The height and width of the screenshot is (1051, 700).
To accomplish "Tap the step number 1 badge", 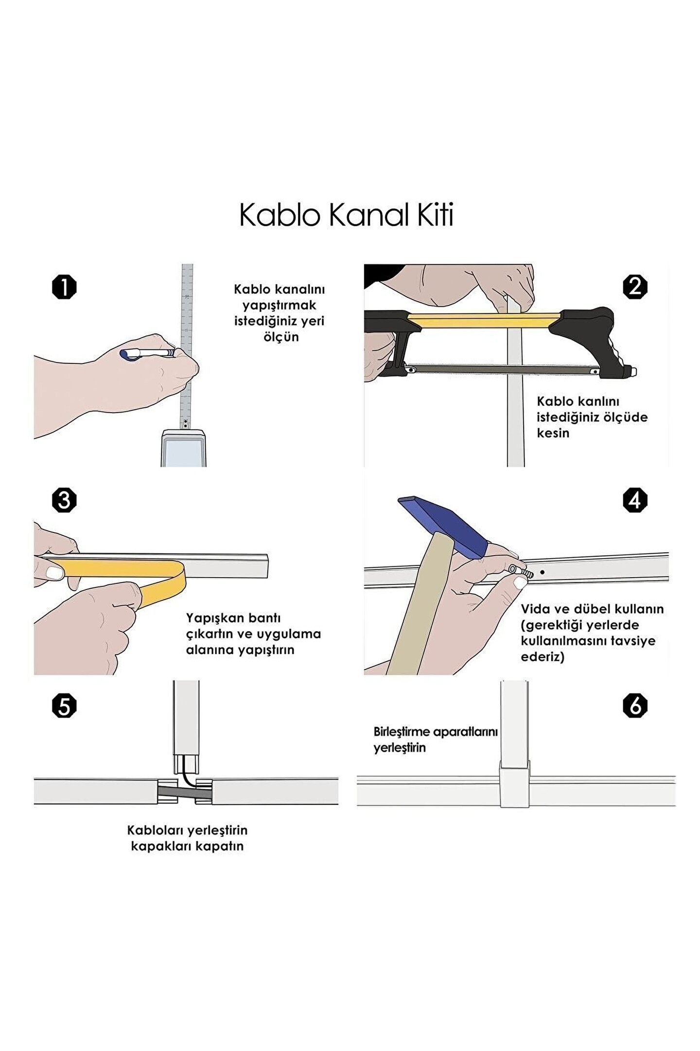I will pos(64,287).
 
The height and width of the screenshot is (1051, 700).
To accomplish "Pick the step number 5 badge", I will pos(64,706).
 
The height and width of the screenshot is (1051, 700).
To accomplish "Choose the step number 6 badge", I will pos(635,706).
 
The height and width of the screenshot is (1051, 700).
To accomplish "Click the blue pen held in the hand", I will pos(146,353).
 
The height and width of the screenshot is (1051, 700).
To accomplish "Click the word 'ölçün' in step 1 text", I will pos(281,337).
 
